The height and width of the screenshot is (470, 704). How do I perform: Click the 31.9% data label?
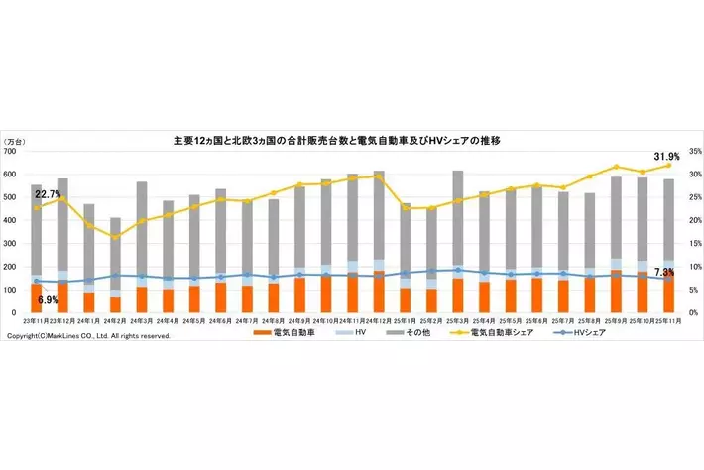665,157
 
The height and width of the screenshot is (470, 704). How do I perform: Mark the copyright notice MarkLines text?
88,336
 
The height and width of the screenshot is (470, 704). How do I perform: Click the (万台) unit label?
17,142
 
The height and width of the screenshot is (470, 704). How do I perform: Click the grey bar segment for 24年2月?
116,253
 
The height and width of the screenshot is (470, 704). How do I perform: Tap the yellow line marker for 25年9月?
616,167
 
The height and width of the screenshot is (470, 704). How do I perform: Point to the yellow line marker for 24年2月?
116,237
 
